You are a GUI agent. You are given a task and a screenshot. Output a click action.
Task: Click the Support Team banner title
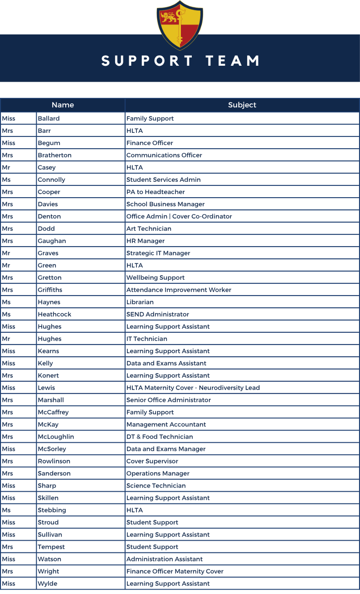180,61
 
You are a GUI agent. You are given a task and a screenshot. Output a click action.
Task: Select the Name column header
63,105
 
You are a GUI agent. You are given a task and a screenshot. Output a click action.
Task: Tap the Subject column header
242,105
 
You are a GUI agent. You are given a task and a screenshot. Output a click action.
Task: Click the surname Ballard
49,118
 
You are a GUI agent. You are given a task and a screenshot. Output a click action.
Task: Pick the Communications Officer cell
164,155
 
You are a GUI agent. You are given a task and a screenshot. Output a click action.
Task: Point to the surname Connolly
51,180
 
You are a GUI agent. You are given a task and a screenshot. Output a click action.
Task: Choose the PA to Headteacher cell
156,192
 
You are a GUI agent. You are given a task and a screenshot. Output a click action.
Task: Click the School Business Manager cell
165,204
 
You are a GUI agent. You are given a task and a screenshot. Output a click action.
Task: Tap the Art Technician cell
149,229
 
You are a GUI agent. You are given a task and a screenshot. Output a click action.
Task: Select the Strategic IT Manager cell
158,253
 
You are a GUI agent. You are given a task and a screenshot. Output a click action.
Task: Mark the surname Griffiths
50,290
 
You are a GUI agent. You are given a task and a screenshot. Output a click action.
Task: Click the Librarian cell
140,302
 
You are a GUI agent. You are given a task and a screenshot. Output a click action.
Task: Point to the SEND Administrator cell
158,314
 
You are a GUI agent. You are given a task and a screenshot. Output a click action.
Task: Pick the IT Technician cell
147,339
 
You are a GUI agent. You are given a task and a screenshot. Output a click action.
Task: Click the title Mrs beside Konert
8,375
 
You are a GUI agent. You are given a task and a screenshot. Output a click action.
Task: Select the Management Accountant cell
166,424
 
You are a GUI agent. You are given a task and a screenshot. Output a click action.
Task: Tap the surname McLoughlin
56,437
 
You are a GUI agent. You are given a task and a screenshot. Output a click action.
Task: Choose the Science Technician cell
156,486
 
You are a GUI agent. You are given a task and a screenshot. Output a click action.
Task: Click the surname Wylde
48,584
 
